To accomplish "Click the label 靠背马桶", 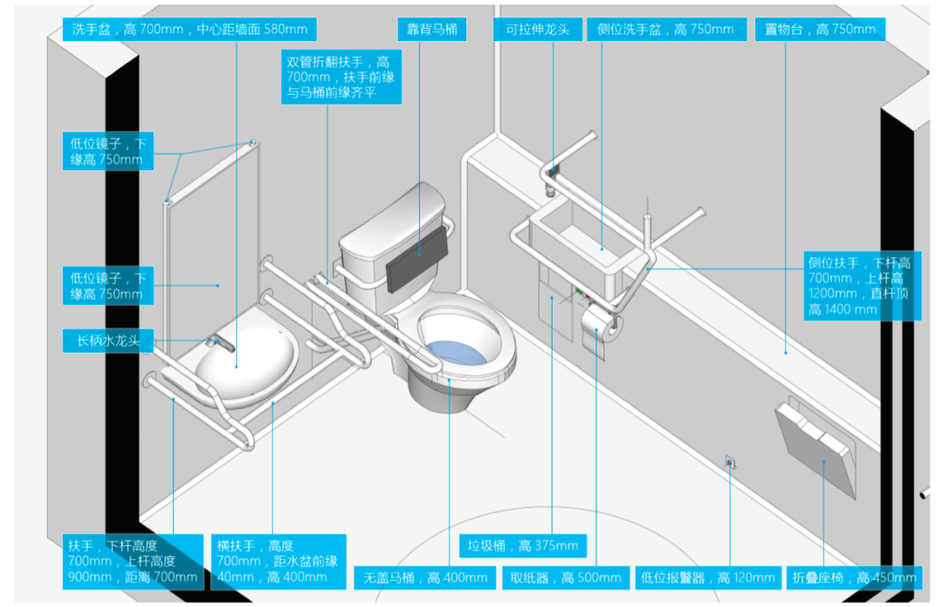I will click(x=431, y=29).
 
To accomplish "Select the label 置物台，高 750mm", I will click(x=819, y=29).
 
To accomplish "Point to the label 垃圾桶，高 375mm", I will click(x=523, y=547).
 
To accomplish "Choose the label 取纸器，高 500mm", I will click(x=566, y=577).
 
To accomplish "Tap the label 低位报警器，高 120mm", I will click(x=708, y=577).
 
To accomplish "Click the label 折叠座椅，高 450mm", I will click(x=854, y=577).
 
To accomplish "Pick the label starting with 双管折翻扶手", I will click(x=341, y=77).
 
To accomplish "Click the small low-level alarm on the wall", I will click(x=730, y=461).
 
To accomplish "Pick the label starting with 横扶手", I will click(x=278, y=561).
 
